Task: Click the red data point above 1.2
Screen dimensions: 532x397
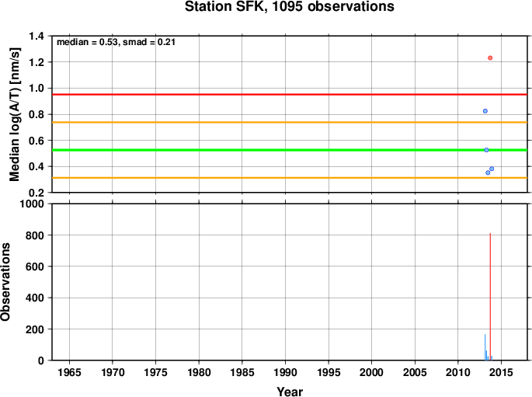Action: pos(490,58)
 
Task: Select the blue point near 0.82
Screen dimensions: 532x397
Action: pos(485,111)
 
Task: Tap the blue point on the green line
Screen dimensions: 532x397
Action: pos(486,150)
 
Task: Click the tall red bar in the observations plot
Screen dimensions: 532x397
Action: pos(490,297)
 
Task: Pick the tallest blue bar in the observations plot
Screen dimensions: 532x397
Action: pos(485,347)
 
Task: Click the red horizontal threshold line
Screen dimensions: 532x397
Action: pos(290,94)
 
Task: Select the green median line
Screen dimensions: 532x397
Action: pos(290,150)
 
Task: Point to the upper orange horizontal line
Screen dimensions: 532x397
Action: pos(290,122)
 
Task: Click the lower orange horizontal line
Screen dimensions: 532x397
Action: pos(290,178)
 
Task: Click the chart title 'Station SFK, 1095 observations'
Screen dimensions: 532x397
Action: pos(290,6)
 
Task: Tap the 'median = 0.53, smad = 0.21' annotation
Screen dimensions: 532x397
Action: pos(116,42)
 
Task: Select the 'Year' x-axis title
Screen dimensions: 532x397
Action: pos(290,392)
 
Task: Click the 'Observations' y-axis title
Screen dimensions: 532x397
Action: pos(5,282)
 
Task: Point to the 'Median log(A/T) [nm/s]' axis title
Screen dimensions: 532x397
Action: pos(14,114)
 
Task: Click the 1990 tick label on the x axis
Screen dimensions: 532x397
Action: pos(285,372)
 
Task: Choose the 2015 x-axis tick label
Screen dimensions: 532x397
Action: pos(501,372)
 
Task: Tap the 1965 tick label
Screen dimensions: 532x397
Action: pos(70,372)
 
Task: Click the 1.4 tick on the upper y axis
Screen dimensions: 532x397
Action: pos(37,36)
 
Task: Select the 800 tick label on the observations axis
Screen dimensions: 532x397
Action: pos(35,235)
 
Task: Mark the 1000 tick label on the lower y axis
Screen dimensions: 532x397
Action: pos(32,204)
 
